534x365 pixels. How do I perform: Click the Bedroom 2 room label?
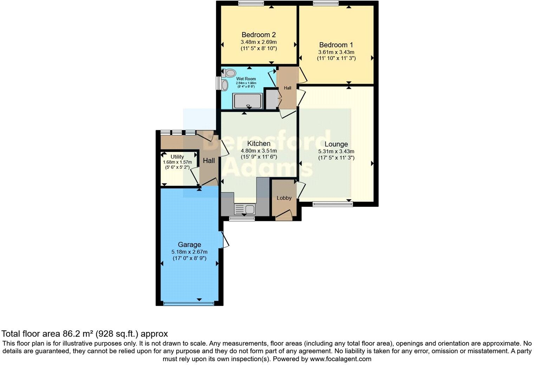coord(259,35)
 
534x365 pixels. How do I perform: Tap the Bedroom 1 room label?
coord(336,45)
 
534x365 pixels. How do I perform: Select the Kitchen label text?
coord(259,144)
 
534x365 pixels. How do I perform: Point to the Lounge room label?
coord(336,144)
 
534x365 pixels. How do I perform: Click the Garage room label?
coord(189,245)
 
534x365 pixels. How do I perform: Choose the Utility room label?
coord(177,157)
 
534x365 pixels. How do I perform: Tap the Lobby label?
coord(284,198)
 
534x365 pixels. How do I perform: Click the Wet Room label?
coord(246,79)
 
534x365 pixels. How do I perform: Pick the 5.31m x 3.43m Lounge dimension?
coord(336,152)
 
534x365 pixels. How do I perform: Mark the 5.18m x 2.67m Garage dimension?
coord(189,252)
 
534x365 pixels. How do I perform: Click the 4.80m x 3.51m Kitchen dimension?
coord(259,151)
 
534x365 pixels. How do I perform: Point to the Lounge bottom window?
coord(332,204)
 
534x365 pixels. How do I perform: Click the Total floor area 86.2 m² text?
coord(85,333)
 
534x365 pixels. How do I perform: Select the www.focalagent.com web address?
coord(340,359)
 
